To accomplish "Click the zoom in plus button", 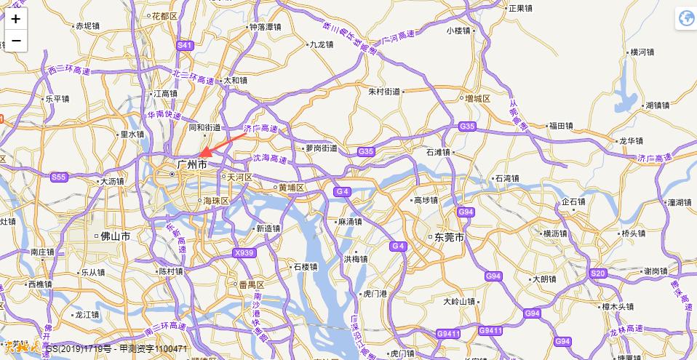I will point(16,19).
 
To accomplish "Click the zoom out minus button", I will point(16,41).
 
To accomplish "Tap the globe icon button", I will point(685,19).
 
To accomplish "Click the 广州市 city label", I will point(191,166).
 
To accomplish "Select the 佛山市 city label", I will point(115,236).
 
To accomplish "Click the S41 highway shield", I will point(185,45).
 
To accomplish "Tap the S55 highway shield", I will point(59,177).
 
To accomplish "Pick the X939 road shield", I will point(244,252).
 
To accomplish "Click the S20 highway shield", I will point(598,273).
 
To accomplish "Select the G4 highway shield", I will point(343,191).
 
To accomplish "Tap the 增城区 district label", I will point(477,98).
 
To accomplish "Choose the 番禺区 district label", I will point(250,284).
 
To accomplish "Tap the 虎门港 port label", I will point(378,293).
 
